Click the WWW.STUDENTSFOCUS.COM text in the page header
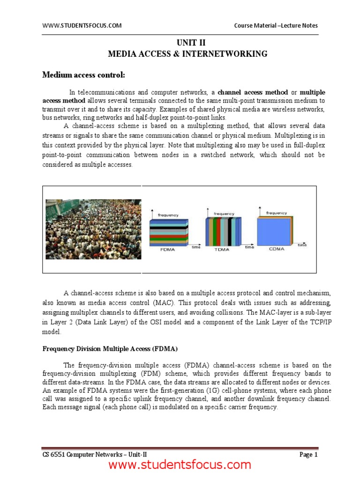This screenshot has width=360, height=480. pyautogui.click(x=82, y=26)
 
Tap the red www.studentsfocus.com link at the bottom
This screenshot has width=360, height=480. pyautogui.click(x=180, y=465)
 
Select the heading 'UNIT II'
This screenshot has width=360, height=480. pyautogui.click(x=187, y=43)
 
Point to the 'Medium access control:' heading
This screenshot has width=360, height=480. pyautogui.click(x=84, y=75)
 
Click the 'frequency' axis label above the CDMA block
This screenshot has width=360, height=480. pyautogui.click(x=277, y=213)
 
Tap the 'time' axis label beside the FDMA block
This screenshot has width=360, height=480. pyautogui.click(x=196, y=247)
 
